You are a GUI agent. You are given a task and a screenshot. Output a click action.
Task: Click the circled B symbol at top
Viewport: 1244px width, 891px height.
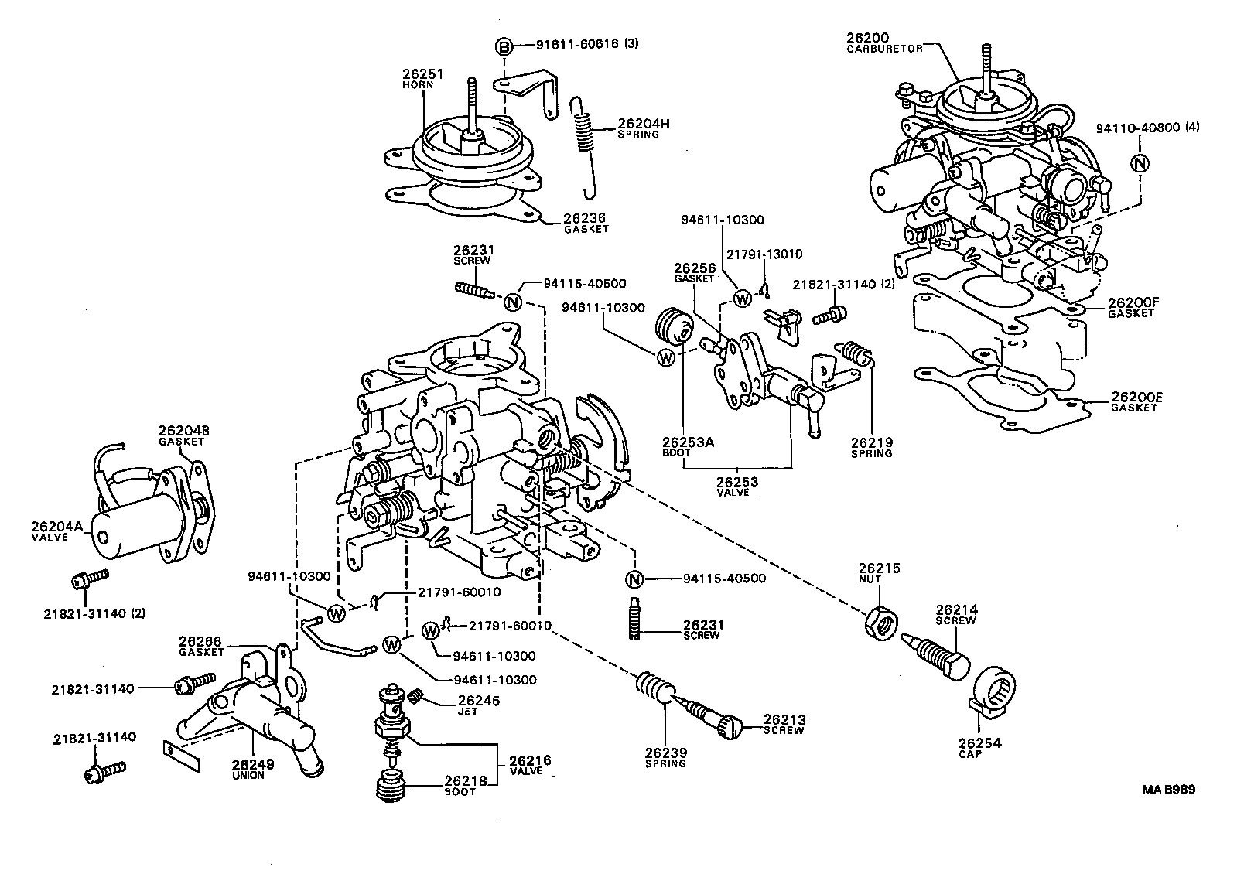click(504, 46)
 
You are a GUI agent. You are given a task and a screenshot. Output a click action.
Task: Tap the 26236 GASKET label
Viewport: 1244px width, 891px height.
click(585, 224)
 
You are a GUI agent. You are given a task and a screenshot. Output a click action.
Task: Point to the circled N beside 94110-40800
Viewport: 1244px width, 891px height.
click(1139, 163)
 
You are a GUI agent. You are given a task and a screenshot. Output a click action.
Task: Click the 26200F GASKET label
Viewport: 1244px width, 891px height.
click(1130, 307)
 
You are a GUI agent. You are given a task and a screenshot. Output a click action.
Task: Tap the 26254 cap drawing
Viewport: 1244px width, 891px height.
click(993, 691)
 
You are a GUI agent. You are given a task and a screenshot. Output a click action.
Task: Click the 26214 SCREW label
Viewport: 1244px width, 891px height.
click(956, 614)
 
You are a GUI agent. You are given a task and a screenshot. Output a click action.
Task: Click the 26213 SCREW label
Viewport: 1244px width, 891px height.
click(783, 723)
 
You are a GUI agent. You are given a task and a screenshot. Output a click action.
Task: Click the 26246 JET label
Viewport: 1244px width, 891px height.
click(467, 705)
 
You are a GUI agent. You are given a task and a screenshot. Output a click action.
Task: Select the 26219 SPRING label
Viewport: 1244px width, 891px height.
click(871, 447)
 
